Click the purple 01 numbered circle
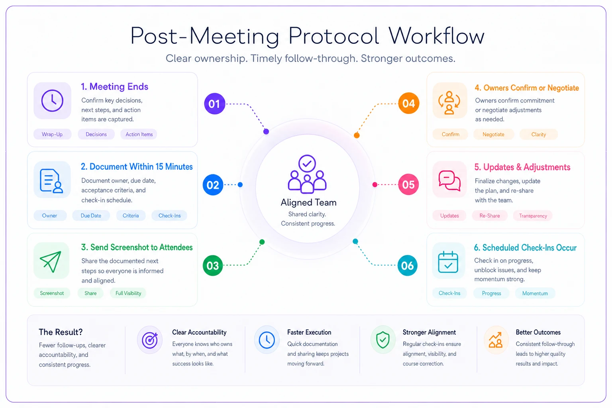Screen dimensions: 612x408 214,104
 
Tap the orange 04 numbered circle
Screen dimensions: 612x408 408,103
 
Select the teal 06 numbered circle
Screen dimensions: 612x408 407,265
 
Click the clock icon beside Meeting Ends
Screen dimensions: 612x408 52,100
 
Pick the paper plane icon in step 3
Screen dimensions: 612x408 51,261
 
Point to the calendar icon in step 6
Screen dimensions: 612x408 448,262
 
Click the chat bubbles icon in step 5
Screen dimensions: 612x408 449,180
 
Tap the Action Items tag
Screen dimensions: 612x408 139,134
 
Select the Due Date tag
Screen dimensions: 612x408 91,216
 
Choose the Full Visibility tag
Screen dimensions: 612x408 128,293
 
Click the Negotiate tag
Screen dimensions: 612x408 493,134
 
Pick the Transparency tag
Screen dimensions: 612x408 533,216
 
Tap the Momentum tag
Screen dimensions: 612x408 535,293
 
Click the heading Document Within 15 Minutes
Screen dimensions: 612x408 137,167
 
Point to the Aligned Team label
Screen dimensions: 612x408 308,202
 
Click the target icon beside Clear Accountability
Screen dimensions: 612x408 150,340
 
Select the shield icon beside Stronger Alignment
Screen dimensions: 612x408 383,340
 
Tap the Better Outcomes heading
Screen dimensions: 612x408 538,332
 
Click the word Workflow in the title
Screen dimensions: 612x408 437,36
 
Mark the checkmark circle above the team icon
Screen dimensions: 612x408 307,163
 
